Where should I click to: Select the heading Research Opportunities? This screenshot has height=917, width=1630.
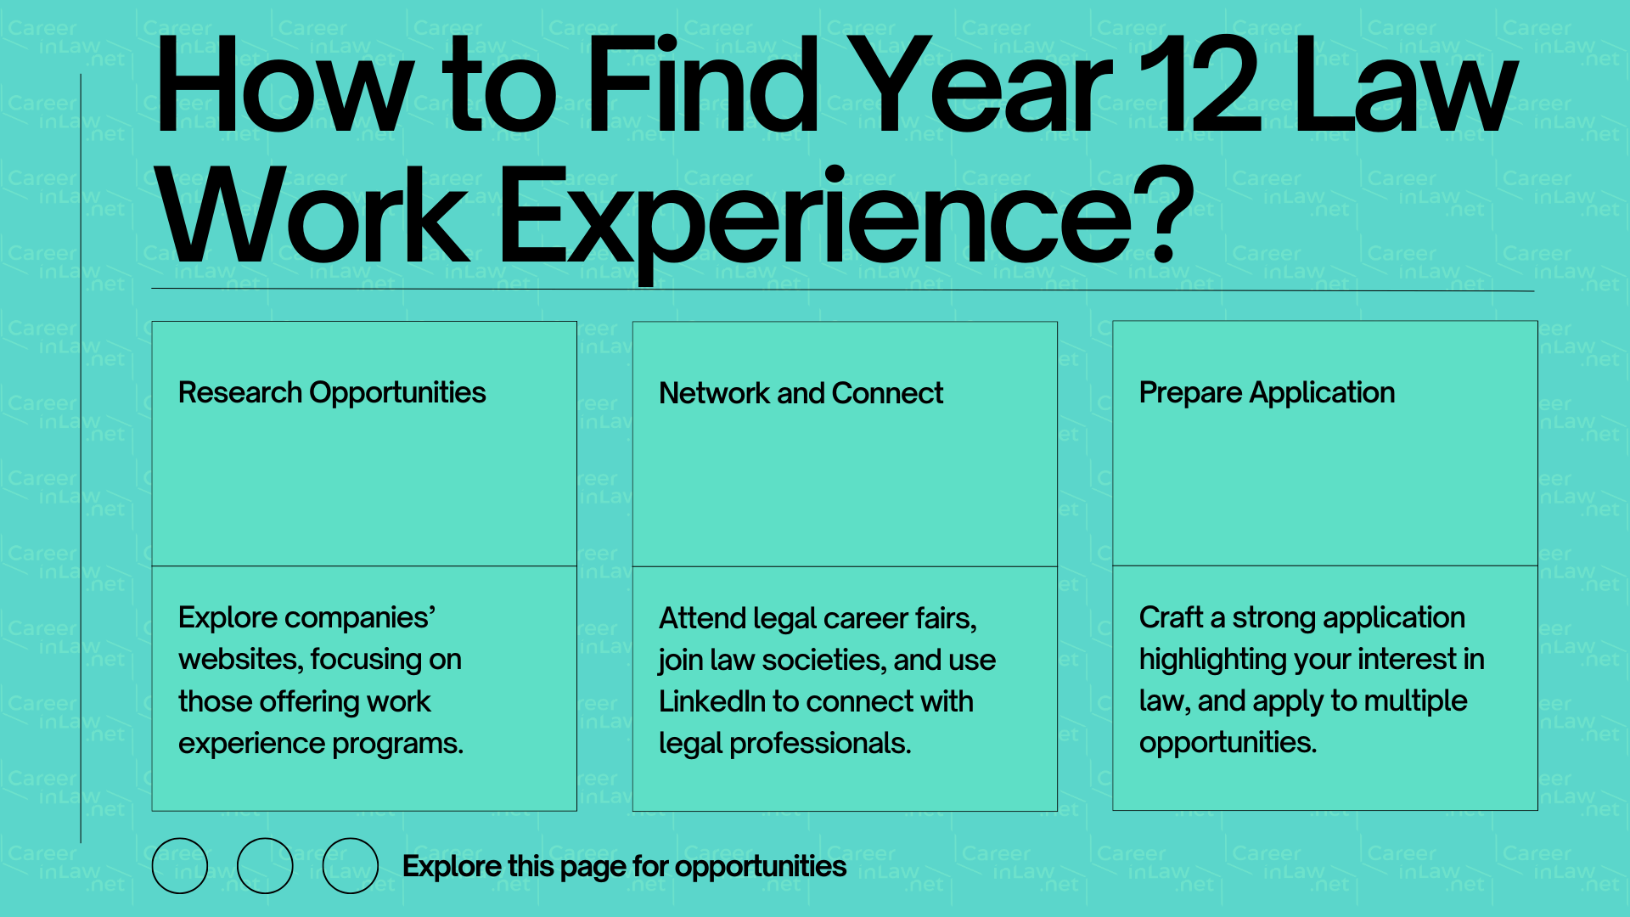[x=332, y=393]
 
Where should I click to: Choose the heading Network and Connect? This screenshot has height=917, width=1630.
[x=801, y=394]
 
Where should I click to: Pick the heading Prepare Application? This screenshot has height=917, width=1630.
[x=1267, y=393]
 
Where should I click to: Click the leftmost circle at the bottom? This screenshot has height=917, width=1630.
[x=179, y=865]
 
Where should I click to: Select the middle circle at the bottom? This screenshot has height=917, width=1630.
[x=265, y=865]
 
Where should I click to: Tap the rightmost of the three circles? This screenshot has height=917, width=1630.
[x=351, y=865]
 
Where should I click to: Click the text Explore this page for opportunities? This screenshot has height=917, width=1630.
[x=624, y=866]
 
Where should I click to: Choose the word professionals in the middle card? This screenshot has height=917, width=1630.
[x=820, y=744]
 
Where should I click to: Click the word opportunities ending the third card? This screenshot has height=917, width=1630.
[x=1228, y=743]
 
